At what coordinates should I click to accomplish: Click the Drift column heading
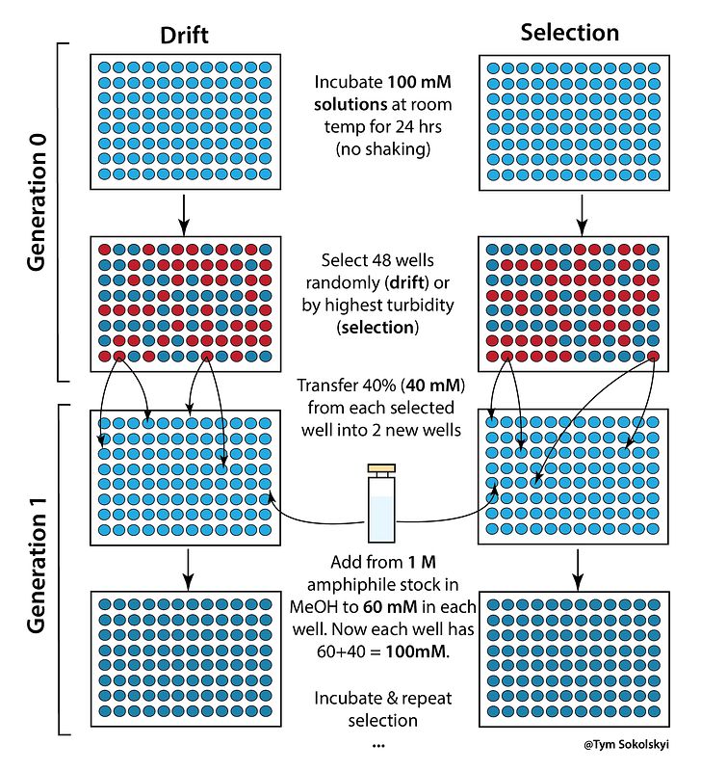coord(185,35)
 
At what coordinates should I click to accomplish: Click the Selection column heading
coord(570,32)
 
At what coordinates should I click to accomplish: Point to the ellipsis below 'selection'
coord(377,746)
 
